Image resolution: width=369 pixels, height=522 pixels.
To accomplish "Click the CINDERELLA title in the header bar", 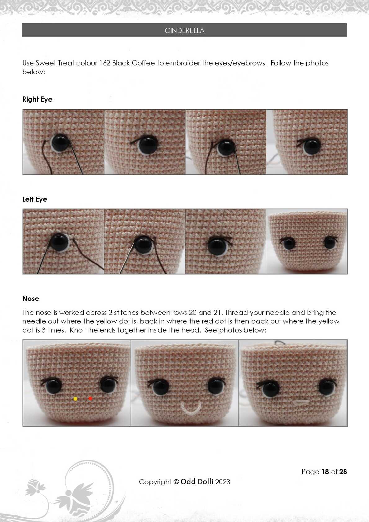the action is (x=184, y=30).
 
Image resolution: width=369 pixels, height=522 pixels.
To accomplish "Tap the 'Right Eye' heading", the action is (x=38, y=99).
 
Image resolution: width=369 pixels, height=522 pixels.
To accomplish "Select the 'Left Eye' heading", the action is (x=35, y=199).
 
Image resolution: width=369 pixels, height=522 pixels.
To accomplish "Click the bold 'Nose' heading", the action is (x=31, y=298).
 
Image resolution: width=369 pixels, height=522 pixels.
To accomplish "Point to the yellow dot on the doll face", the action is (x=75, y=399).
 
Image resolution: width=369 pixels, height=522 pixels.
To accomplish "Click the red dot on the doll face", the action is (x=90, y=399).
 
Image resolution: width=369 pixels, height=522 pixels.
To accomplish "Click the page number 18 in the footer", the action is (x=325, y=472).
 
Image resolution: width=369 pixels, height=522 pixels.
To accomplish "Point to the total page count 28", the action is (x=343, y=472).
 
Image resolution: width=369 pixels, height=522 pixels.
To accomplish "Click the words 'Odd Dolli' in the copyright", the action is (x=197, y=482).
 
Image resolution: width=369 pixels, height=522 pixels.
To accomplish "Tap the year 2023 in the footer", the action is (x=222, y=482).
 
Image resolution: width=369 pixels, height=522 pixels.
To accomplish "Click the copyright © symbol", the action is (x=176, y=482).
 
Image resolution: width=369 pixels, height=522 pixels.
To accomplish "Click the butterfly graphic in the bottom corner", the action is (x=74, y=498).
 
